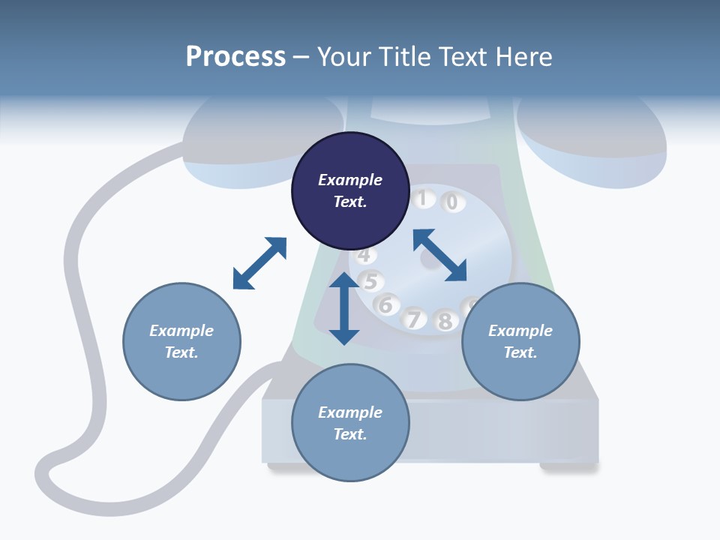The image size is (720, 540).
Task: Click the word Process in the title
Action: point(235,57)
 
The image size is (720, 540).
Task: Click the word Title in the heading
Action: point(403,57)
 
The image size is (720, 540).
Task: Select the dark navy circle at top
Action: point(350,190)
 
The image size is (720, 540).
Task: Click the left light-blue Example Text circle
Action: point(181,341)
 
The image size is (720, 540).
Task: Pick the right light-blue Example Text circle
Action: point(520,341)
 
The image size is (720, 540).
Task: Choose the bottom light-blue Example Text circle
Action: point(350,423)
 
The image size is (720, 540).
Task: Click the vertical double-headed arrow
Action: point(344,308)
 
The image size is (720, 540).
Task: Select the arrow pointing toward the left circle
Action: point(259,263)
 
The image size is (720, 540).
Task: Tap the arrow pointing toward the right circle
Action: point(440,255)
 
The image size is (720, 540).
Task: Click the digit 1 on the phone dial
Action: point(422,199)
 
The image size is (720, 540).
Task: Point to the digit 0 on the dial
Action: point(451,202)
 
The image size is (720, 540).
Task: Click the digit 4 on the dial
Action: point(364,256)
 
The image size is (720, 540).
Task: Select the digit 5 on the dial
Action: point(370,282)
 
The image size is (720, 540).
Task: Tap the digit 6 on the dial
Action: point(386,305)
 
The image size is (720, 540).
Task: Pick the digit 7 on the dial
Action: point(413,319)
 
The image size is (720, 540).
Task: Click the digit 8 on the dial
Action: point(445,322)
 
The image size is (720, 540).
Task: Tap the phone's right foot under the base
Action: point(568,467)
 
